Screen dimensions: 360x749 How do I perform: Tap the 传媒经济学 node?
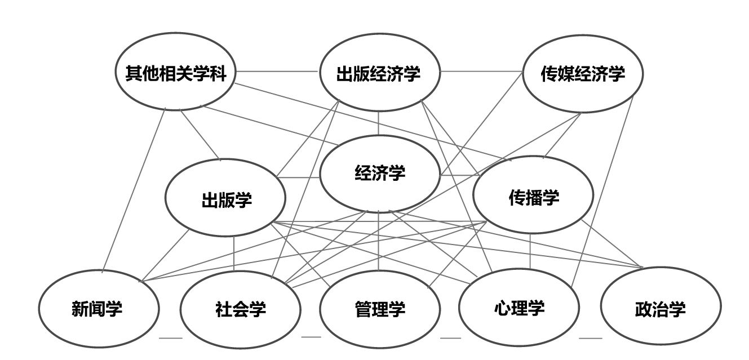(x=583, y=74)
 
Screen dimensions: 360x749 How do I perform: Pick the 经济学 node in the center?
(x=379, y=173)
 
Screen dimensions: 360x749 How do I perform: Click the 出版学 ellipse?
(x=225, y=198)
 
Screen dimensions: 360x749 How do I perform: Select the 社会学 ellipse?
(x=240, y=309)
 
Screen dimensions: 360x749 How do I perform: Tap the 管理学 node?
(x=379, y=309)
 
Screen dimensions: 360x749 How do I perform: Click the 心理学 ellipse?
(x=518, y=308)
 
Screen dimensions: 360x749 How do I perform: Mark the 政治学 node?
(x=660, y=309)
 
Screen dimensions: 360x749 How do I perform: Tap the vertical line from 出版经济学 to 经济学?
(x=379, y=123)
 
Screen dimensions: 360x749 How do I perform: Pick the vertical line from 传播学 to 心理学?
(x=530, y=251)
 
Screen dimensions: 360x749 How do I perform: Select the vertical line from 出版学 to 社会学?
(x=234, y=254)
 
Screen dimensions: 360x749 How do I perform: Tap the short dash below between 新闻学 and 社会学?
(x=171, y=338)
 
